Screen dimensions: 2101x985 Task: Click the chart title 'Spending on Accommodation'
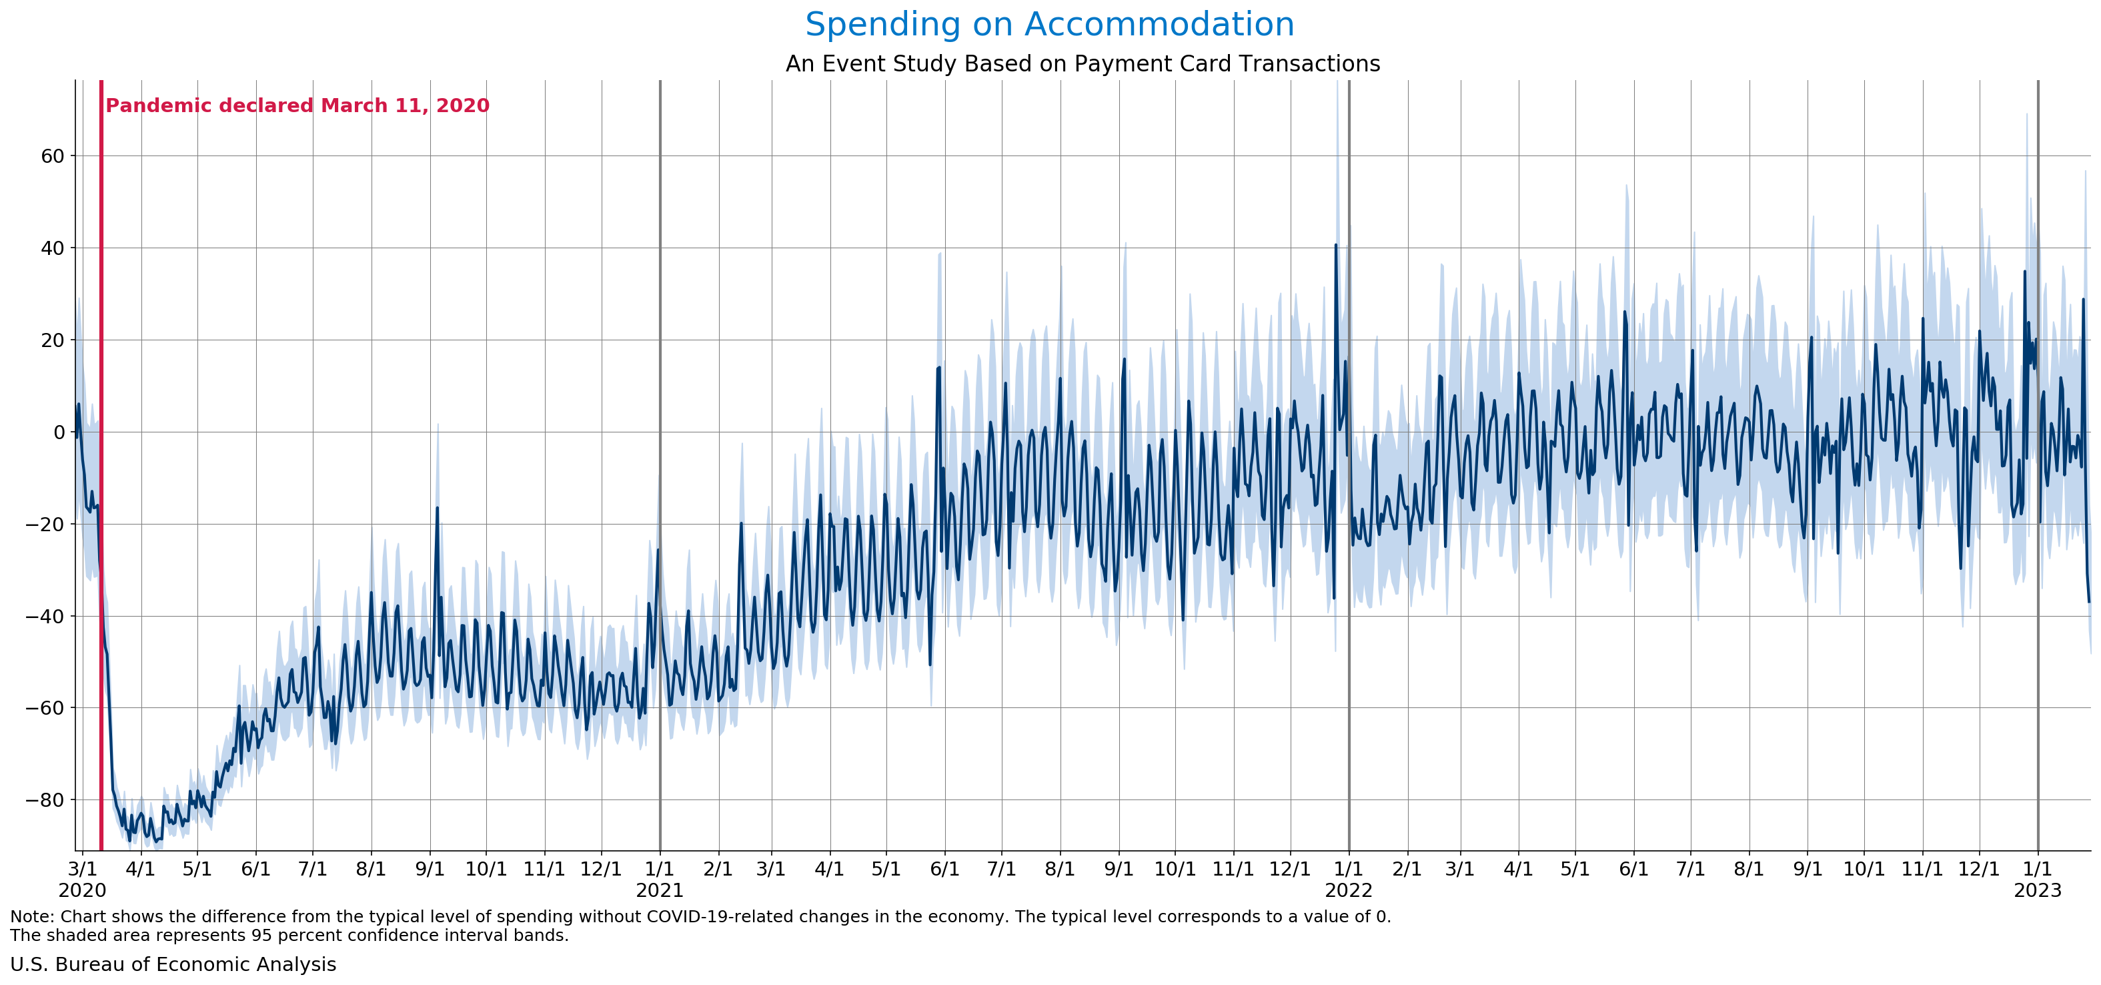click(x=1050, y=25)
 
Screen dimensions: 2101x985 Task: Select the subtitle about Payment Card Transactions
click(x=1083, y=63)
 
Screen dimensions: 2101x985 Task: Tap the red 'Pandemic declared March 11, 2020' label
click(x=297, y=105)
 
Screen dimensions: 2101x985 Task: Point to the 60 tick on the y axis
click(x=52, y=156)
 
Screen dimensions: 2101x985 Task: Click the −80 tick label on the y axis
click(x=45, y=799)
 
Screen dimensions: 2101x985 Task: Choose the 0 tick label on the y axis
click(x=59, y=432)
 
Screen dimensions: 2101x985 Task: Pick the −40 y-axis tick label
click(x=45, y=615)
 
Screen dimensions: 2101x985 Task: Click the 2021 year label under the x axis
click(x=659, y=890)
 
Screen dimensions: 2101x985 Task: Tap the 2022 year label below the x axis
click(x=1348, y=890)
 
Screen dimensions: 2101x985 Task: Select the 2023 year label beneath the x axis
click(x=2038, y=890)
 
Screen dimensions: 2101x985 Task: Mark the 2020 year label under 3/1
click(x=83, y=890)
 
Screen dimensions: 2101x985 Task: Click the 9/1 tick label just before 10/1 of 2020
click(x=430, y=869)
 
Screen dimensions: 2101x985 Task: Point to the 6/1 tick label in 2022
click(x=1633, y=869)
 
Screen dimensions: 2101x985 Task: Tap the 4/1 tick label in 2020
click(x=140, y=869)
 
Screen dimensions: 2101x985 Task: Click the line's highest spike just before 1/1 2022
click(x=1335, y=245)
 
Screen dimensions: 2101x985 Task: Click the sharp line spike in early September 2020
click(x=437, y=508)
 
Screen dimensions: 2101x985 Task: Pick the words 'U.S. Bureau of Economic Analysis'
click(x=173, y=964)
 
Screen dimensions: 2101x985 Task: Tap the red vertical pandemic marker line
click(x=101, y=465)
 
